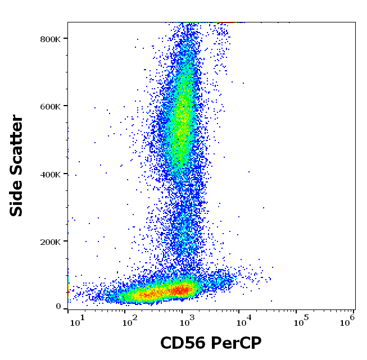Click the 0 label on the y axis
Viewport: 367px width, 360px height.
point(58,307)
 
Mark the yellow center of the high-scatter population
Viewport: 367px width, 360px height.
point(181,112)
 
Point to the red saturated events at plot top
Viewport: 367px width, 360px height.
point(225,22)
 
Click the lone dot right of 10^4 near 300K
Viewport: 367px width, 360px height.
point(264,208)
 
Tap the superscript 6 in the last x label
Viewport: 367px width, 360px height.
point(352,317)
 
